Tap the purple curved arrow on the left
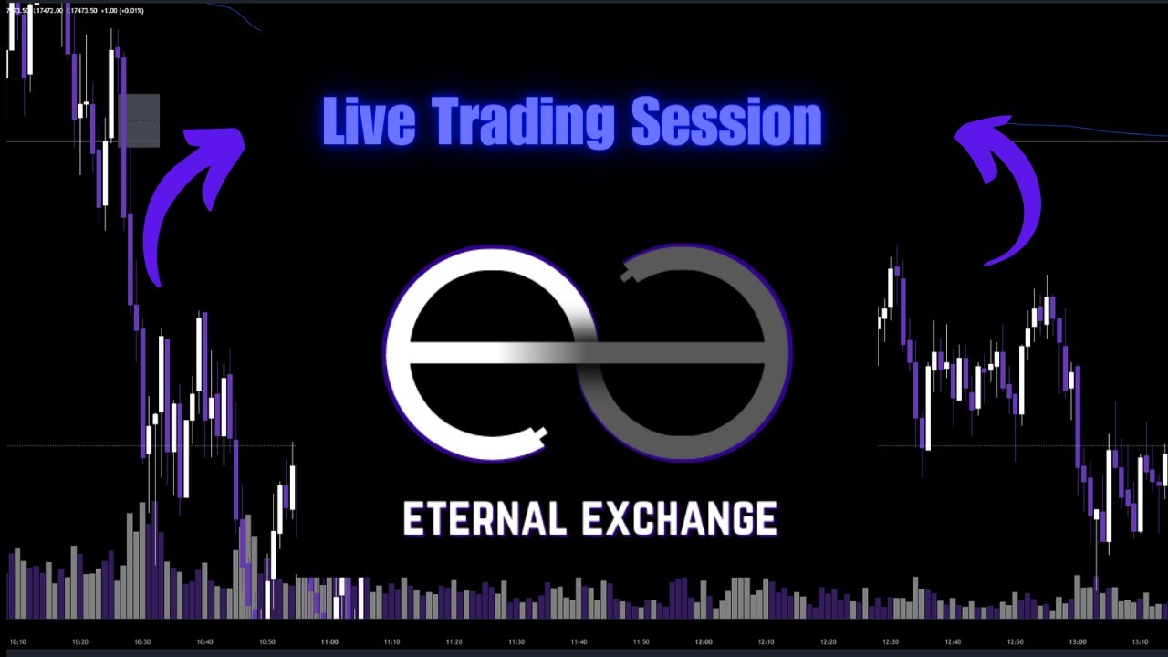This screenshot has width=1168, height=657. (187, 201)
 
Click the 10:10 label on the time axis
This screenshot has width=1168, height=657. (18, 641)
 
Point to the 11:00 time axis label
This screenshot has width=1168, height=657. (329, 641)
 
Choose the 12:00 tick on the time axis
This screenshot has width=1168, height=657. (704, 641)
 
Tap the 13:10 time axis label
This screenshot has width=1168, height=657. (1140, 641)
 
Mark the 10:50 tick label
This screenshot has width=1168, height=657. (267, 641)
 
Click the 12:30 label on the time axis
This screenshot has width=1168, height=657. (891, 641)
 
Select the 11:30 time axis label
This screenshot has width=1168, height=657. (516, 641)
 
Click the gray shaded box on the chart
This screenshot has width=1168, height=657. (141, 120)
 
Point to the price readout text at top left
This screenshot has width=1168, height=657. (73, 10)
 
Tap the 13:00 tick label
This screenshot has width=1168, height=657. (1078, 641)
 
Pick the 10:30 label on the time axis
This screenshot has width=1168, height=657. (142, 641)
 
